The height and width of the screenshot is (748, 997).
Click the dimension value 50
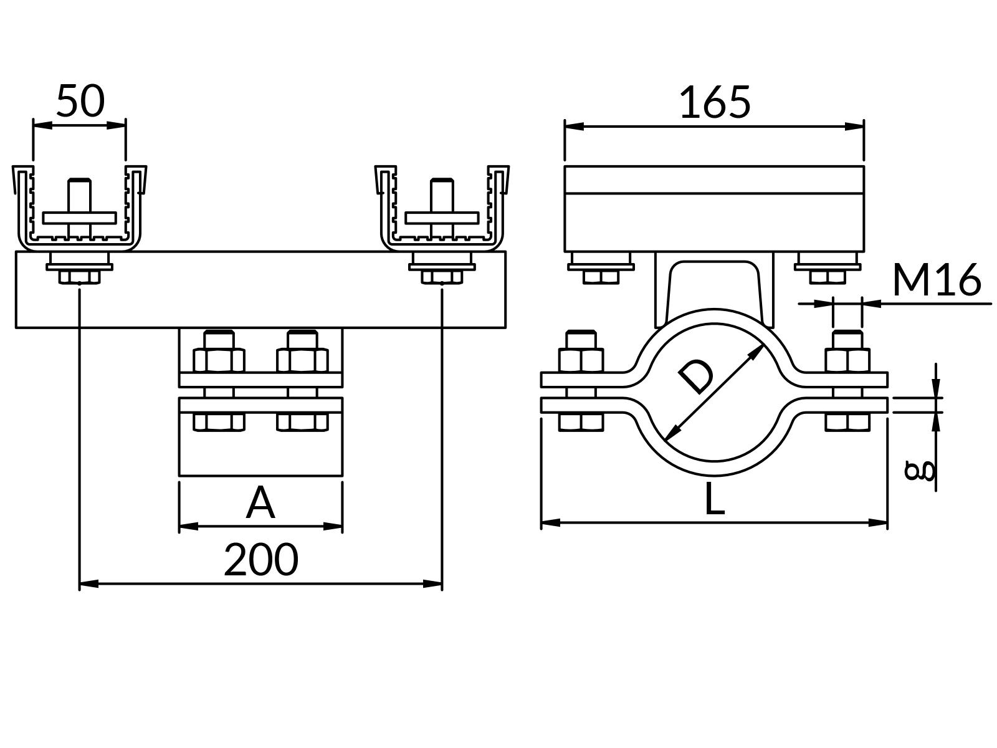click(80, 101)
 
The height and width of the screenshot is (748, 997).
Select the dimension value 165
click(715, 103)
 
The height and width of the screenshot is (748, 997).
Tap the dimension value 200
click(261, 560)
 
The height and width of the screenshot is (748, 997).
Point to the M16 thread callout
click(937, 280)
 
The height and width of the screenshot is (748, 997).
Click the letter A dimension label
click(260, 504)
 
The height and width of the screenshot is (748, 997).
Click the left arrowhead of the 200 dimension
click(88, 584)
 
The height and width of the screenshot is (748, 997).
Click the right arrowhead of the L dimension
click(879, 522)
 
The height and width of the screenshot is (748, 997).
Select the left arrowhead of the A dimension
click(188, 526)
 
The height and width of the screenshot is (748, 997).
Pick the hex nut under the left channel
click(79, 276)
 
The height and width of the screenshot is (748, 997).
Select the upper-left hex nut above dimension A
click(218, 361)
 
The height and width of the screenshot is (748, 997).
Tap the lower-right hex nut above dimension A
click(302, 422)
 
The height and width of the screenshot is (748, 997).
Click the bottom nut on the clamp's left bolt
click(581, 422)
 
